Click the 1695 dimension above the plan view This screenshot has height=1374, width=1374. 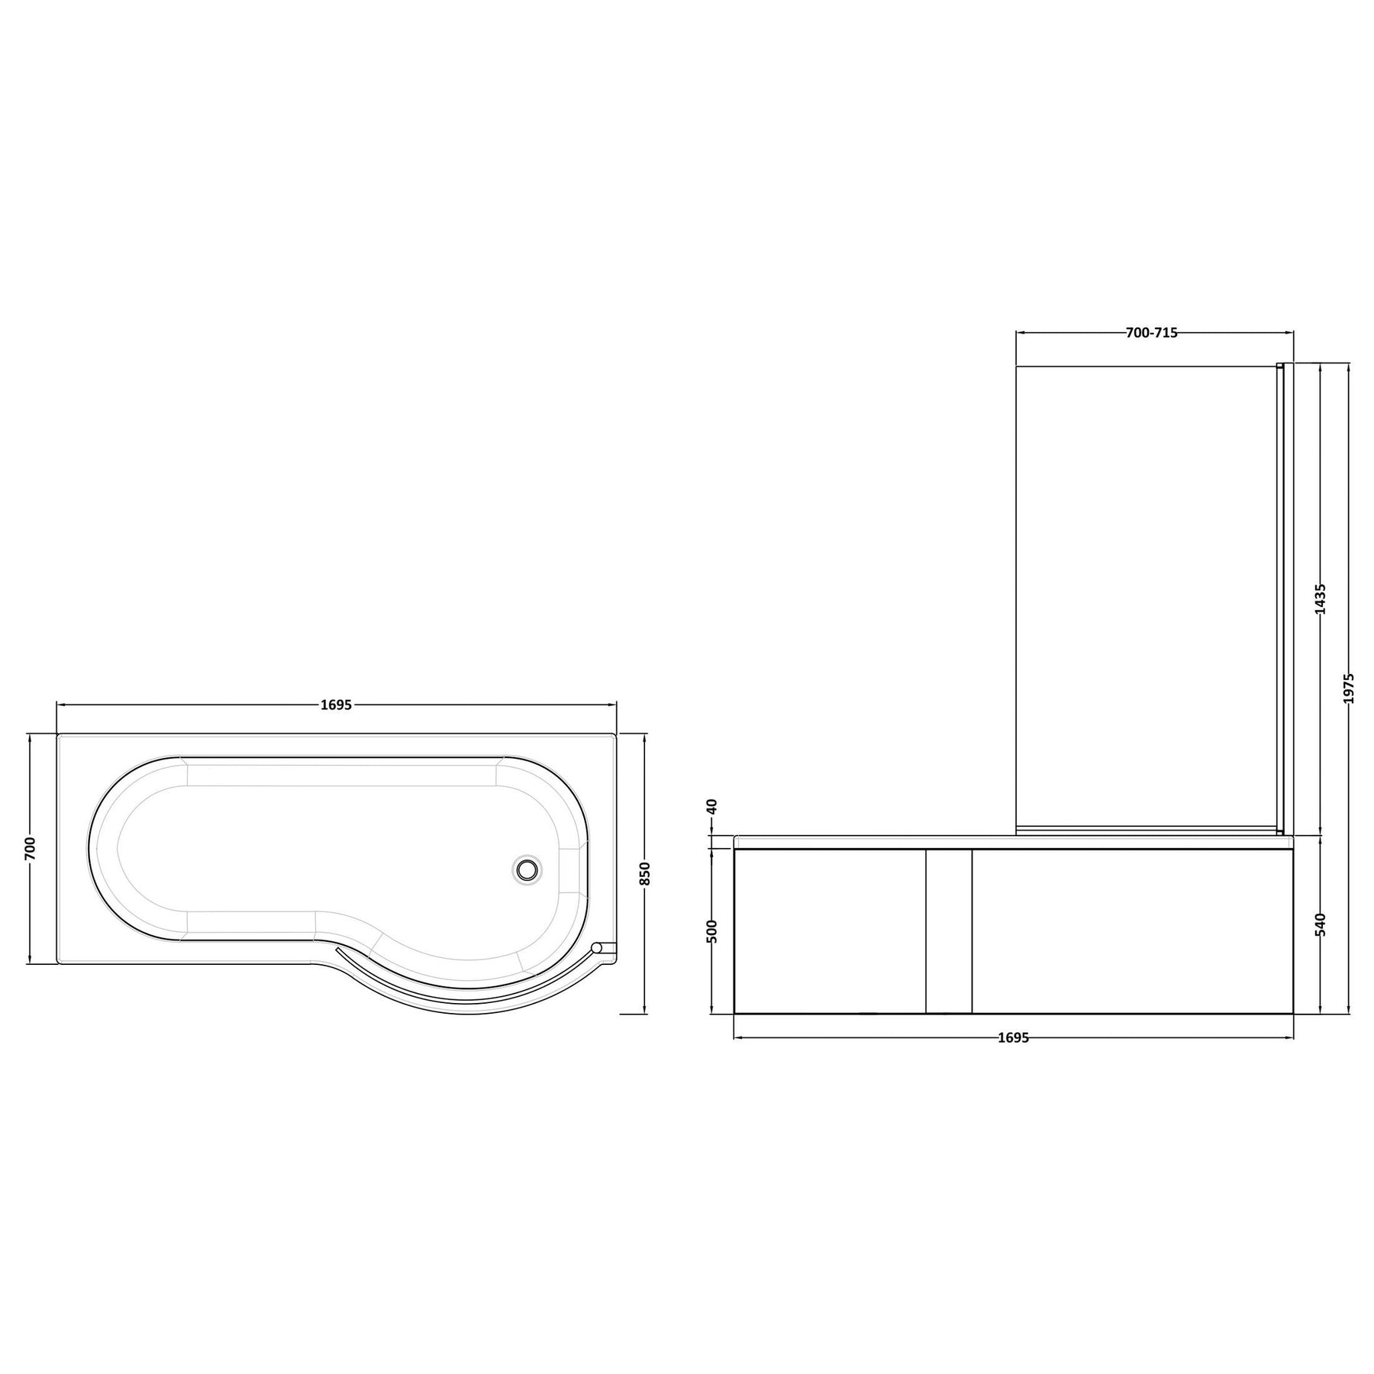[x=336, y=705]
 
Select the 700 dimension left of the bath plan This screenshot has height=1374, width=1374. [x=30, y=849]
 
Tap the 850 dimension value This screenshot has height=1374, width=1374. [x=645, y=873]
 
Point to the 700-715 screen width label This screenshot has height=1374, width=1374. [x=1152, y=332]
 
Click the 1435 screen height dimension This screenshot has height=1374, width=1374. [x=1321, y=598]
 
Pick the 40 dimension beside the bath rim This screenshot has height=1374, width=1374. [x=712, y=806]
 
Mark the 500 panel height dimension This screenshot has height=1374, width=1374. [x=712, y=931]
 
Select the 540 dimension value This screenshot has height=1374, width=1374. [x=1321, y=924]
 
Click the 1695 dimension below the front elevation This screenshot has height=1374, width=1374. [x=1013, y=1037]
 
